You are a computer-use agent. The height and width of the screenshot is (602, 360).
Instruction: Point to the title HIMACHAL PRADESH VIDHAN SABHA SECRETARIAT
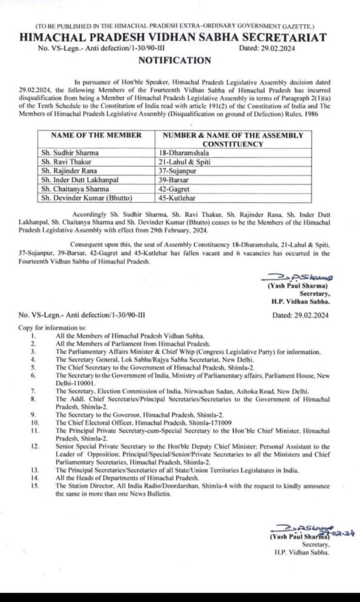[x=180, y=37]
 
